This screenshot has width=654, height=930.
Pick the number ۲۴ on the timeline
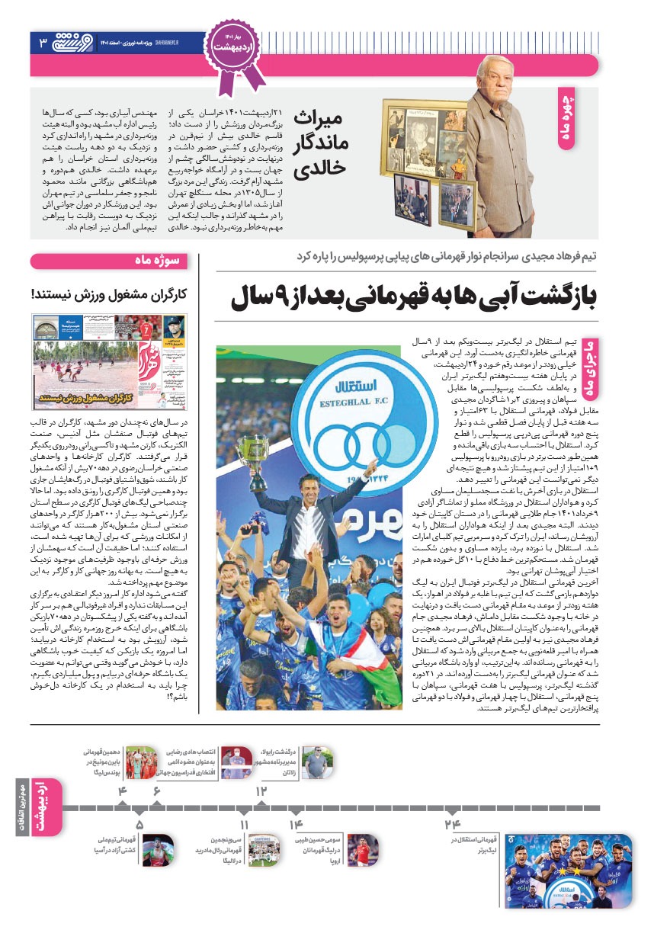click(x=453, y=824)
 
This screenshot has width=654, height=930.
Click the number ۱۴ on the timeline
click(x=296, y=824)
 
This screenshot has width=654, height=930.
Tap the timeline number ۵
click(x=139, y=824)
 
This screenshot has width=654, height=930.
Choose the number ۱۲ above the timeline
click(x=261, y=790)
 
